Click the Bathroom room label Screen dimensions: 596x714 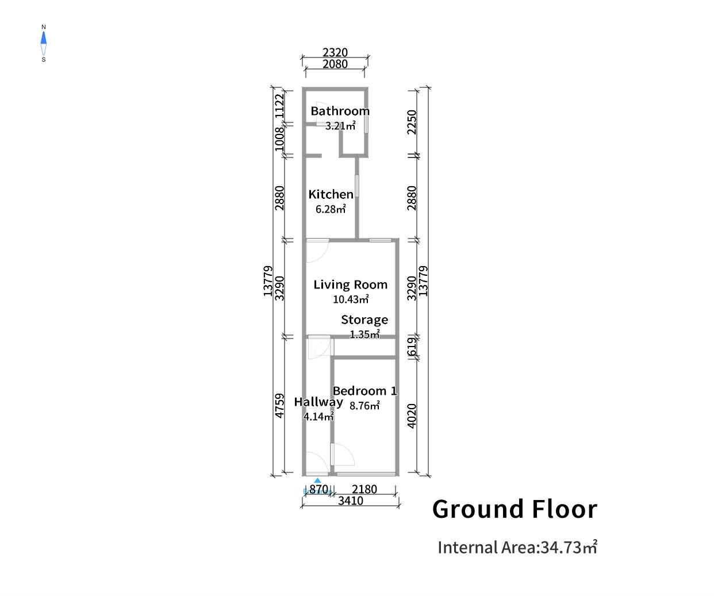[340, 111]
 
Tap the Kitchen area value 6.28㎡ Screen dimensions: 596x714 [331, 209]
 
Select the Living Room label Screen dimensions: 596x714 [350, 284]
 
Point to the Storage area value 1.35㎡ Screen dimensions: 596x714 [364, 334]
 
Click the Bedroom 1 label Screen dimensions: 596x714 [364, 391]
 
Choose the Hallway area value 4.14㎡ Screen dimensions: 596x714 [318, 417]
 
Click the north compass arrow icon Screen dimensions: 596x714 [44, 39]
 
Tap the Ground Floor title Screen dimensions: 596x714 [515, 509]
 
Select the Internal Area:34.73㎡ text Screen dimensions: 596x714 [517, 547]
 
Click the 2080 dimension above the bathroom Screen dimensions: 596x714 [335, 64]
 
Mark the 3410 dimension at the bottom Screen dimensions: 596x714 [351, 501]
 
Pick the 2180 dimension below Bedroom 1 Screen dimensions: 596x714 [364, 489]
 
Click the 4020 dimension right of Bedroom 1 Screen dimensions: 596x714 [412, 416]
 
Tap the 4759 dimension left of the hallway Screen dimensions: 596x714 [279, 405]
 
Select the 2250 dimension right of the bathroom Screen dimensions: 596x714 [412, 122]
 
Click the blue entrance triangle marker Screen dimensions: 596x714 [317, 480]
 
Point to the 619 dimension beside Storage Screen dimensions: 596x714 [412, 348]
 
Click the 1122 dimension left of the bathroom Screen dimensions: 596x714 [279, 106]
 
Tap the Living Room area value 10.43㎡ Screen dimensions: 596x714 [351, 299]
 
